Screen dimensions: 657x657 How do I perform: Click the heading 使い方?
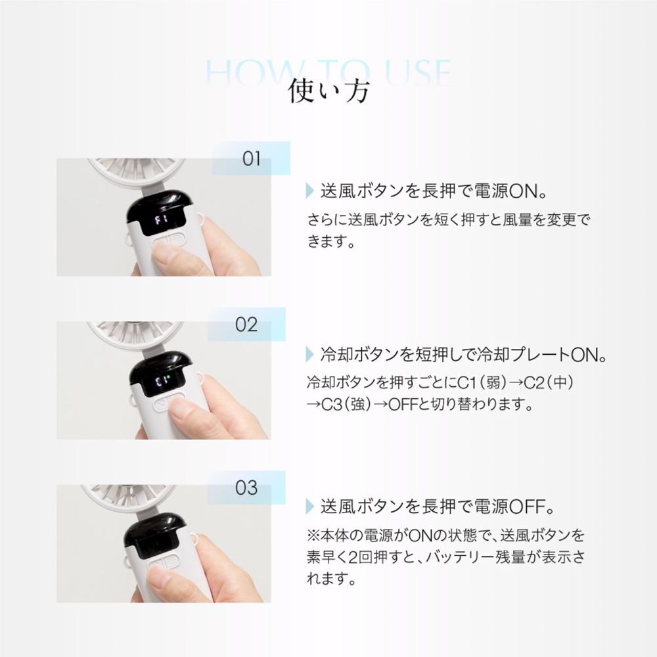(328, 91)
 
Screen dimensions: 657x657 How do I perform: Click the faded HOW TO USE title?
(328, 71)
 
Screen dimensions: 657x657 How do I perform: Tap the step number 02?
(246, 325)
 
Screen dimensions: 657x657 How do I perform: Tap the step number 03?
(246, 488)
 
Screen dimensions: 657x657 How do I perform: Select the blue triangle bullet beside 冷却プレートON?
(310, 355)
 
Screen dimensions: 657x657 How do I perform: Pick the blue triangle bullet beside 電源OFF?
(310, 507)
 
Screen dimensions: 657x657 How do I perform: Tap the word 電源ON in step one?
(513, 193)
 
